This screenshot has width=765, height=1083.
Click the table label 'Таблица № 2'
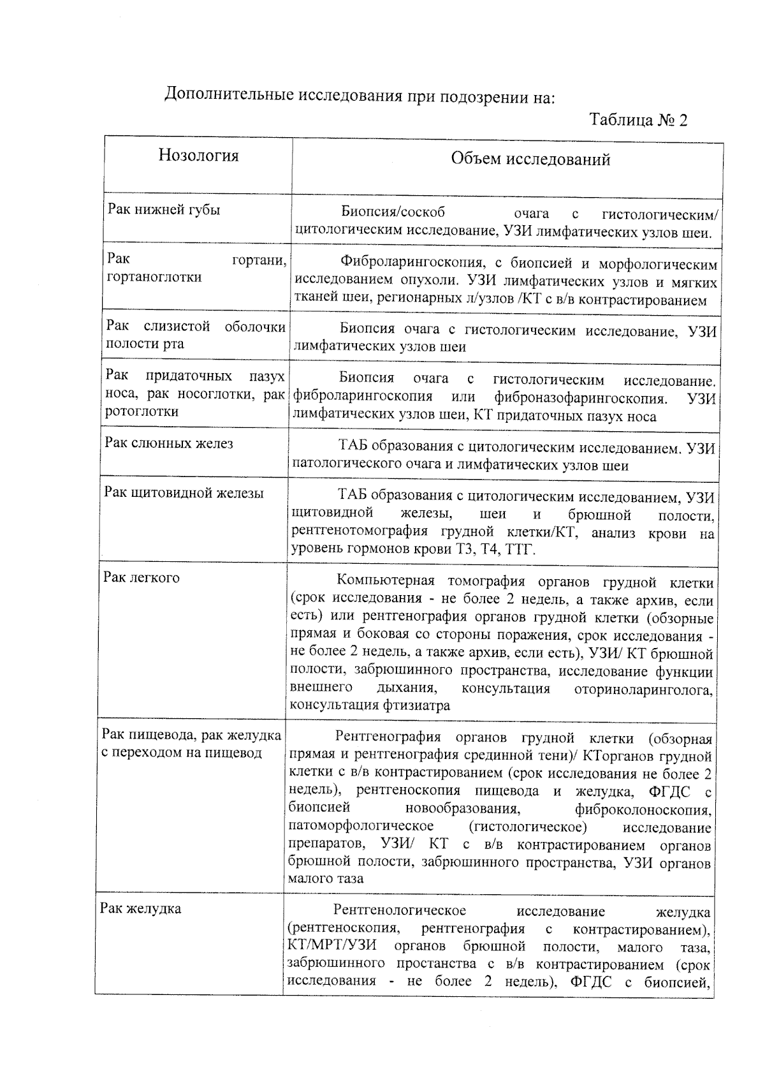[x=638, y=120]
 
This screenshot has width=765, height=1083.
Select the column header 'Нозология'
[x=198, y=156]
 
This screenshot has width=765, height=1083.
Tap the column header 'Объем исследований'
[x=530, y=159]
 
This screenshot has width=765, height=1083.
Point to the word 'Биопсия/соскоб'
[x=393, y=212]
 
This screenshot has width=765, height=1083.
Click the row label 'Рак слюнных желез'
[x=169, y=443]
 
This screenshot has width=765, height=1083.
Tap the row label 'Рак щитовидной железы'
[x=184, y=493]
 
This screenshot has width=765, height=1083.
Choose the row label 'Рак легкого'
[x=142, y=577]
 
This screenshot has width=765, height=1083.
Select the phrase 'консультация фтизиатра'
[x=370, y=705]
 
